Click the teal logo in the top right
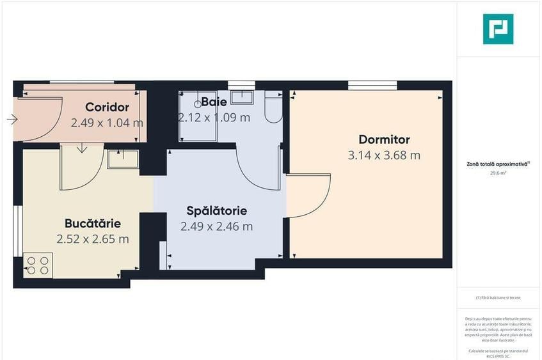click(x=498, y=29)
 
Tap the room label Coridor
click(x=108, y=107)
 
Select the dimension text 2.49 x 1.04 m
click(x=107, y=122)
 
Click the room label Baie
click(x=213, y=102)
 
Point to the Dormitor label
click(x=384, y=139)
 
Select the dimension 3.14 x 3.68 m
click(x=384, y=155)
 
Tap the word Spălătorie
click(x=216, y=210)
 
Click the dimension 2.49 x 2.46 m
click(x=216, y=226)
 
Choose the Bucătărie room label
click(x=93, y=223)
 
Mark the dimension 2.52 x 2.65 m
click(x=93, y=239)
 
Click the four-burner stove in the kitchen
click(x=38, y=265)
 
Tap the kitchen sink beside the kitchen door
click(x=123, y=159)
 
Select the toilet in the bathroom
click(x=273, y=109)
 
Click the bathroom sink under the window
click(x=242, y=97)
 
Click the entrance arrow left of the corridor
click(x=12, y=119)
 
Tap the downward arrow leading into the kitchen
click(x=82, y=149)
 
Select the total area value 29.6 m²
click(x=498, y=172)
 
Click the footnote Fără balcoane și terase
click(x=498, y=298)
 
